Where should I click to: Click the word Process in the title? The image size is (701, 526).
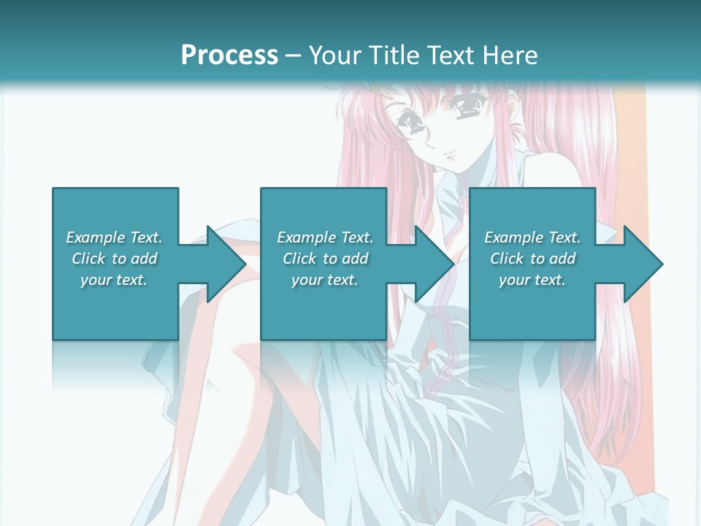click(229, 55)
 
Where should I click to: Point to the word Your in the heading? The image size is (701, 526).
click(335, 55)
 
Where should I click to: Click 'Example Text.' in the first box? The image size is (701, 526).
click(114, 237)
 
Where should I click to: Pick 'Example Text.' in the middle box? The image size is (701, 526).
click(325, 237)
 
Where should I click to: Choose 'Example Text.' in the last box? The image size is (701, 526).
click(532, 237)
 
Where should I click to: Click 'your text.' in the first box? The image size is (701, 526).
click(114, 280)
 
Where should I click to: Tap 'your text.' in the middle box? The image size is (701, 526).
click(325, 280)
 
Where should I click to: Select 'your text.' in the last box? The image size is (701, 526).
click(532, 280)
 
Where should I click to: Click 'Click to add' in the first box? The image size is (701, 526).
click(114, 259)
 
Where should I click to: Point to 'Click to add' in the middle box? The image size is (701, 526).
click(325, 259)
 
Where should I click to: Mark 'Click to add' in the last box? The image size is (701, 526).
click(532, 259)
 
